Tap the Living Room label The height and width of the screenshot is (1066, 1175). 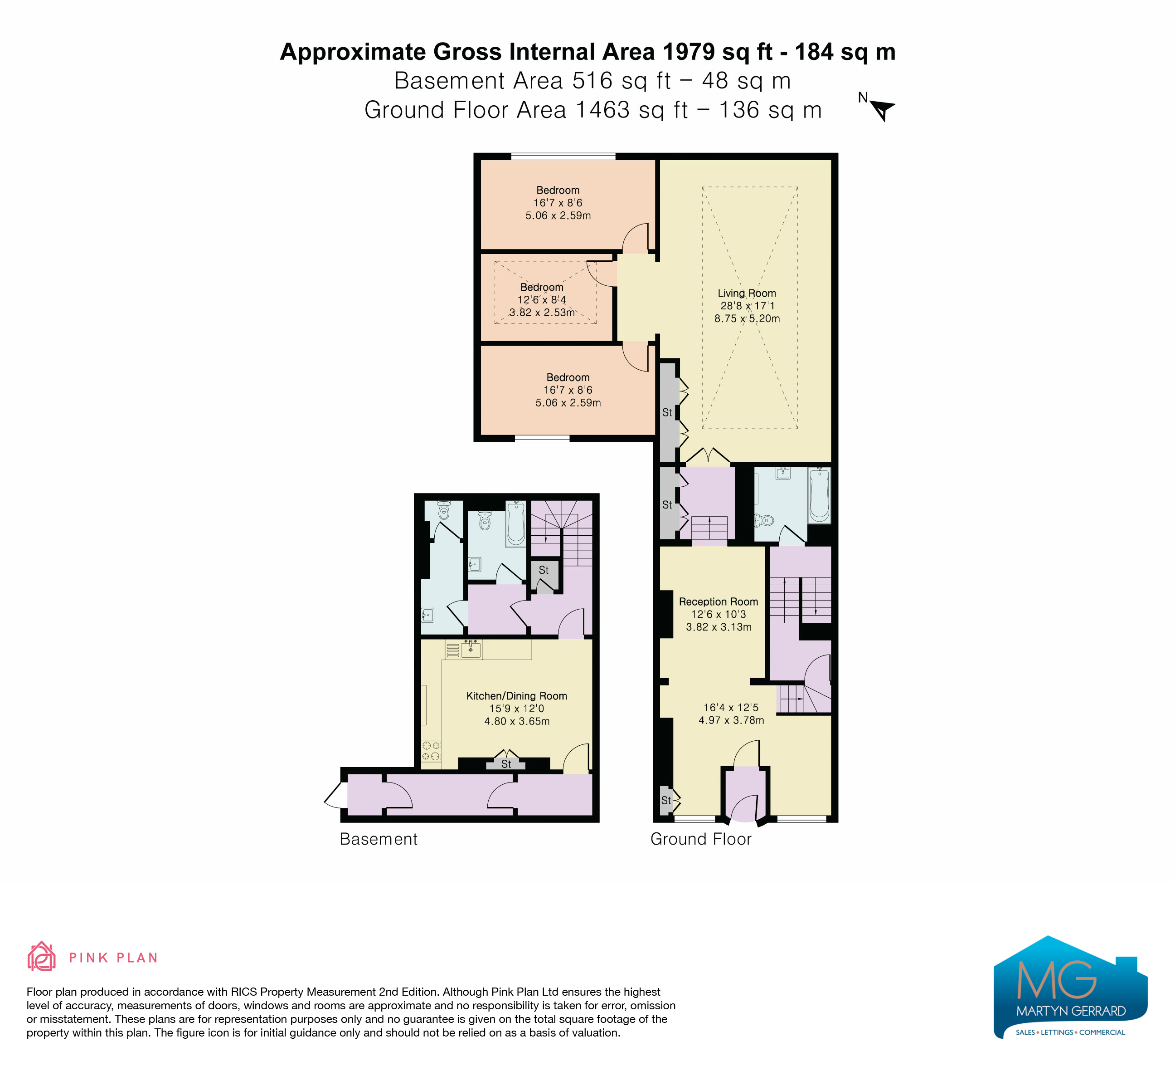coord(747,293)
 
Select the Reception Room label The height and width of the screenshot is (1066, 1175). coord(719,602)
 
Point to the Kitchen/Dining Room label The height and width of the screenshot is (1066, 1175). coord(516,696)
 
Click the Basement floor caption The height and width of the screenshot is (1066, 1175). coord(379,839)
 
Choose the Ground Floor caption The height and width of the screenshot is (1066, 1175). coord(701,839)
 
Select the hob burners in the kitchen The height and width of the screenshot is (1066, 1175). coord(431,751)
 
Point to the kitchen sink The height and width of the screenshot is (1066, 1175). coord(471,649)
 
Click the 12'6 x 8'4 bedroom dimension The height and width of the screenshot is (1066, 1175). coord(541,300)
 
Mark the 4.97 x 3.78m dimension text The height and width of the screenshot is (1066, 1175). coord(732,720)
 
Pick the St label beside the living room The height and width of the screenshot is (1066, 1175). coord(667,412)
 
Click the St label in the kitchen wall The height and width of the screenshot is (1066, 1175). coord(506,764)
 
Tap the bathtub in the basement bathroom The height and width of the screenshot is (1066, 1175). coord(515,523)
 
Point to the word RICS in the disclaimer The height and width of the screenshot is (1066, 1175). coord(245,992)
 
